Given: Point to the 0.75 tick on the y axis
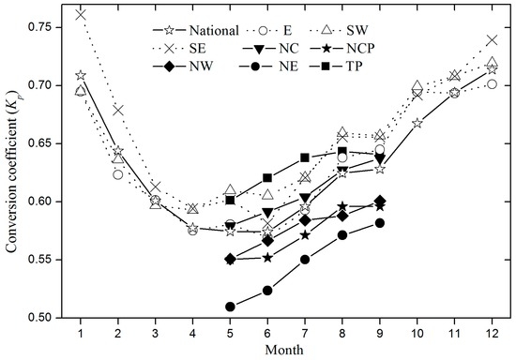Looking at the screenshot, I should click(x=49, y=26).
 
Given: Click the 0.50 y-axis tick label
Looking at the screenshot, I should click(x=49, y=318).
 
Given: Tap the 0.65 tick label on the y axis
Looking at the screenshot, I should click(x=49, y=143).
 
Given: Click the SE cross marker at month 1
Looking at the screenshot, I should click(x=81, y=14).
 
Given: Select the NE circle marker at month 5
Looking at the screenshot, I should click(x=230, y=306).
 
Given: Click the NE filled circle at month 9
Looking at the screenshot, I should click(x=379, y=222).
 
